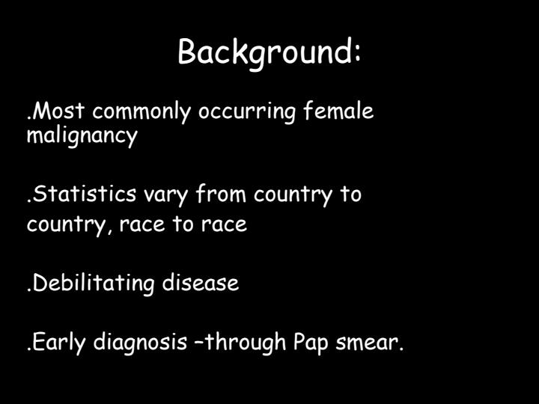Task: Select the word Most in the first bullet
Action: click(x=59, y=111)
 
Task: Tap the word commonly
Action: click(x=141, y=112)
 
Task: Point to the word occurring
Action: click(x=247, y=112)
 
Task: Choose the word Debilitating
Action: click(x=94, y=284)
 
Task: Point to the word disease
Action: click(x=201, y=284)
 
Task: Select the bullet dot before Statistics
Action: click(x=29, y=201)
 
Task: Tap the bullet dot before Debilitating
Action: click(x=29, y=290)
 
